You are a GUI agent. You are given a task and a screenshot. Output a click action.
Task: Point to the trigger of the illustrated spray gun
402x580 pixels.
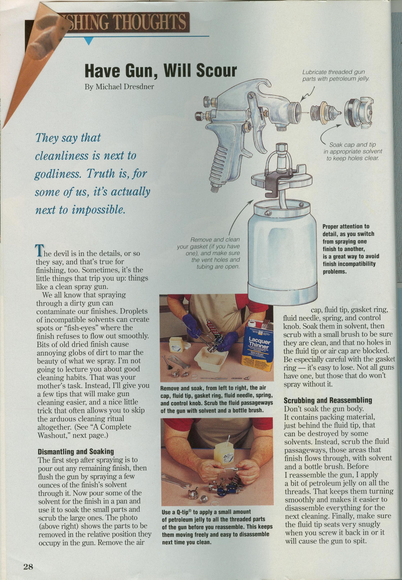click(x=252, y=123)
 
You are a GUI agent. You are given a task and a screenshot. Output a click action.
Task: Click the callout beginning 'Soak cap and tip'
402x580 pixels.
click(x=353, y=152)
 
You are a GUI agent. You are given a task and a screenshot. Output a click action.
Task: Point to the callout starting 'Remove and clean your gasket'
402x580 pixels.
click(x=209, y=253)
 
